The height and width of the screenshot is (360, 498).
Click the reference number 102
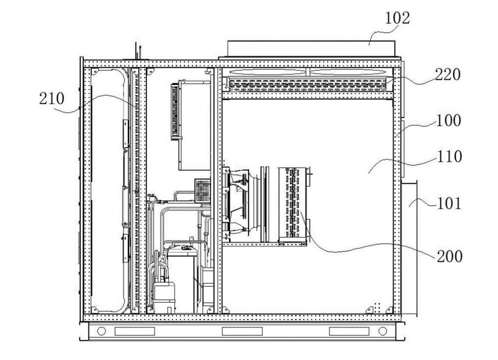pos(397,19)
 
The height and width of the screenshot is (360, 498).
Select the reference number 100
pos(448,120)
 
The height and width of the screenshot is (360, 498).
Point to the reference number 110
pos(448,156)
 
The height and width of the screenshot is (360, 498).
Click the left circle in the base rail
pos(102,331)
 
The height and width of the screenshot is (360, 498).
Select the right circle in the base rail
pos(382,331)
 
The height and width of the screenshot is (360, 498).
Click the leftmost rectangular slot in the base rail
pos(135,331)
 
